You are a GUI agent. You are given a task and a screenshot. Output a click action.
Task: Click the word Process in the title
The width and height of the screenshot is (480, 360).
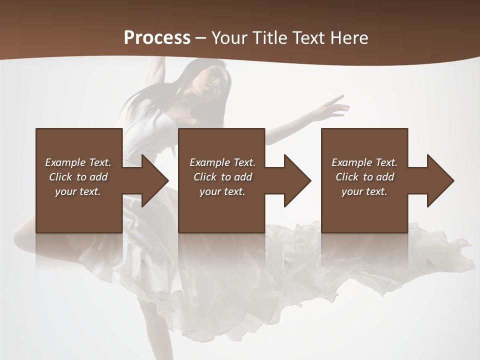tap(157, 38)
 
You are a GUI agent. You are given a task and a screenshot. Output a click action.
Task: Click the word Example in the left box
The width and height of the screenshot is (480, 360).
tap(65, 162)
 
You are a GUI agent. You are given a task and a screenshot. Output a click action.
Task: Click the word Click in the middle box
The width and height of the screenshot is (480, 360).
tap(205, 177)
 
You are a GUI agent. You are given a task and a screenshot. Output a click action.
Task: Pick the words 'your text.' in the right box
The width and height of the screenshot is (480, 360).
tap(364, 191)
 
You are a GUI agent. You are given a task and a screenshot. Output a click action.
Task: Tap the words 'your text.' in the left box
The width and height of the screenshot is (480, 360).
tap(77, 191)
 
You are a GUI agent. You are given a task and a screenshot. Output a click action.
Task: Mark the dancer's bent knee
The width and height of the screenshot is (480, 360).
tap(20, 235)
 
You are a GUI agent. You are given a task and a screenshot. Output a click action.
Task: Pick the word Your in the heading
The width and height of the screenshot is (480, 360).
tap(229, 38)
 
